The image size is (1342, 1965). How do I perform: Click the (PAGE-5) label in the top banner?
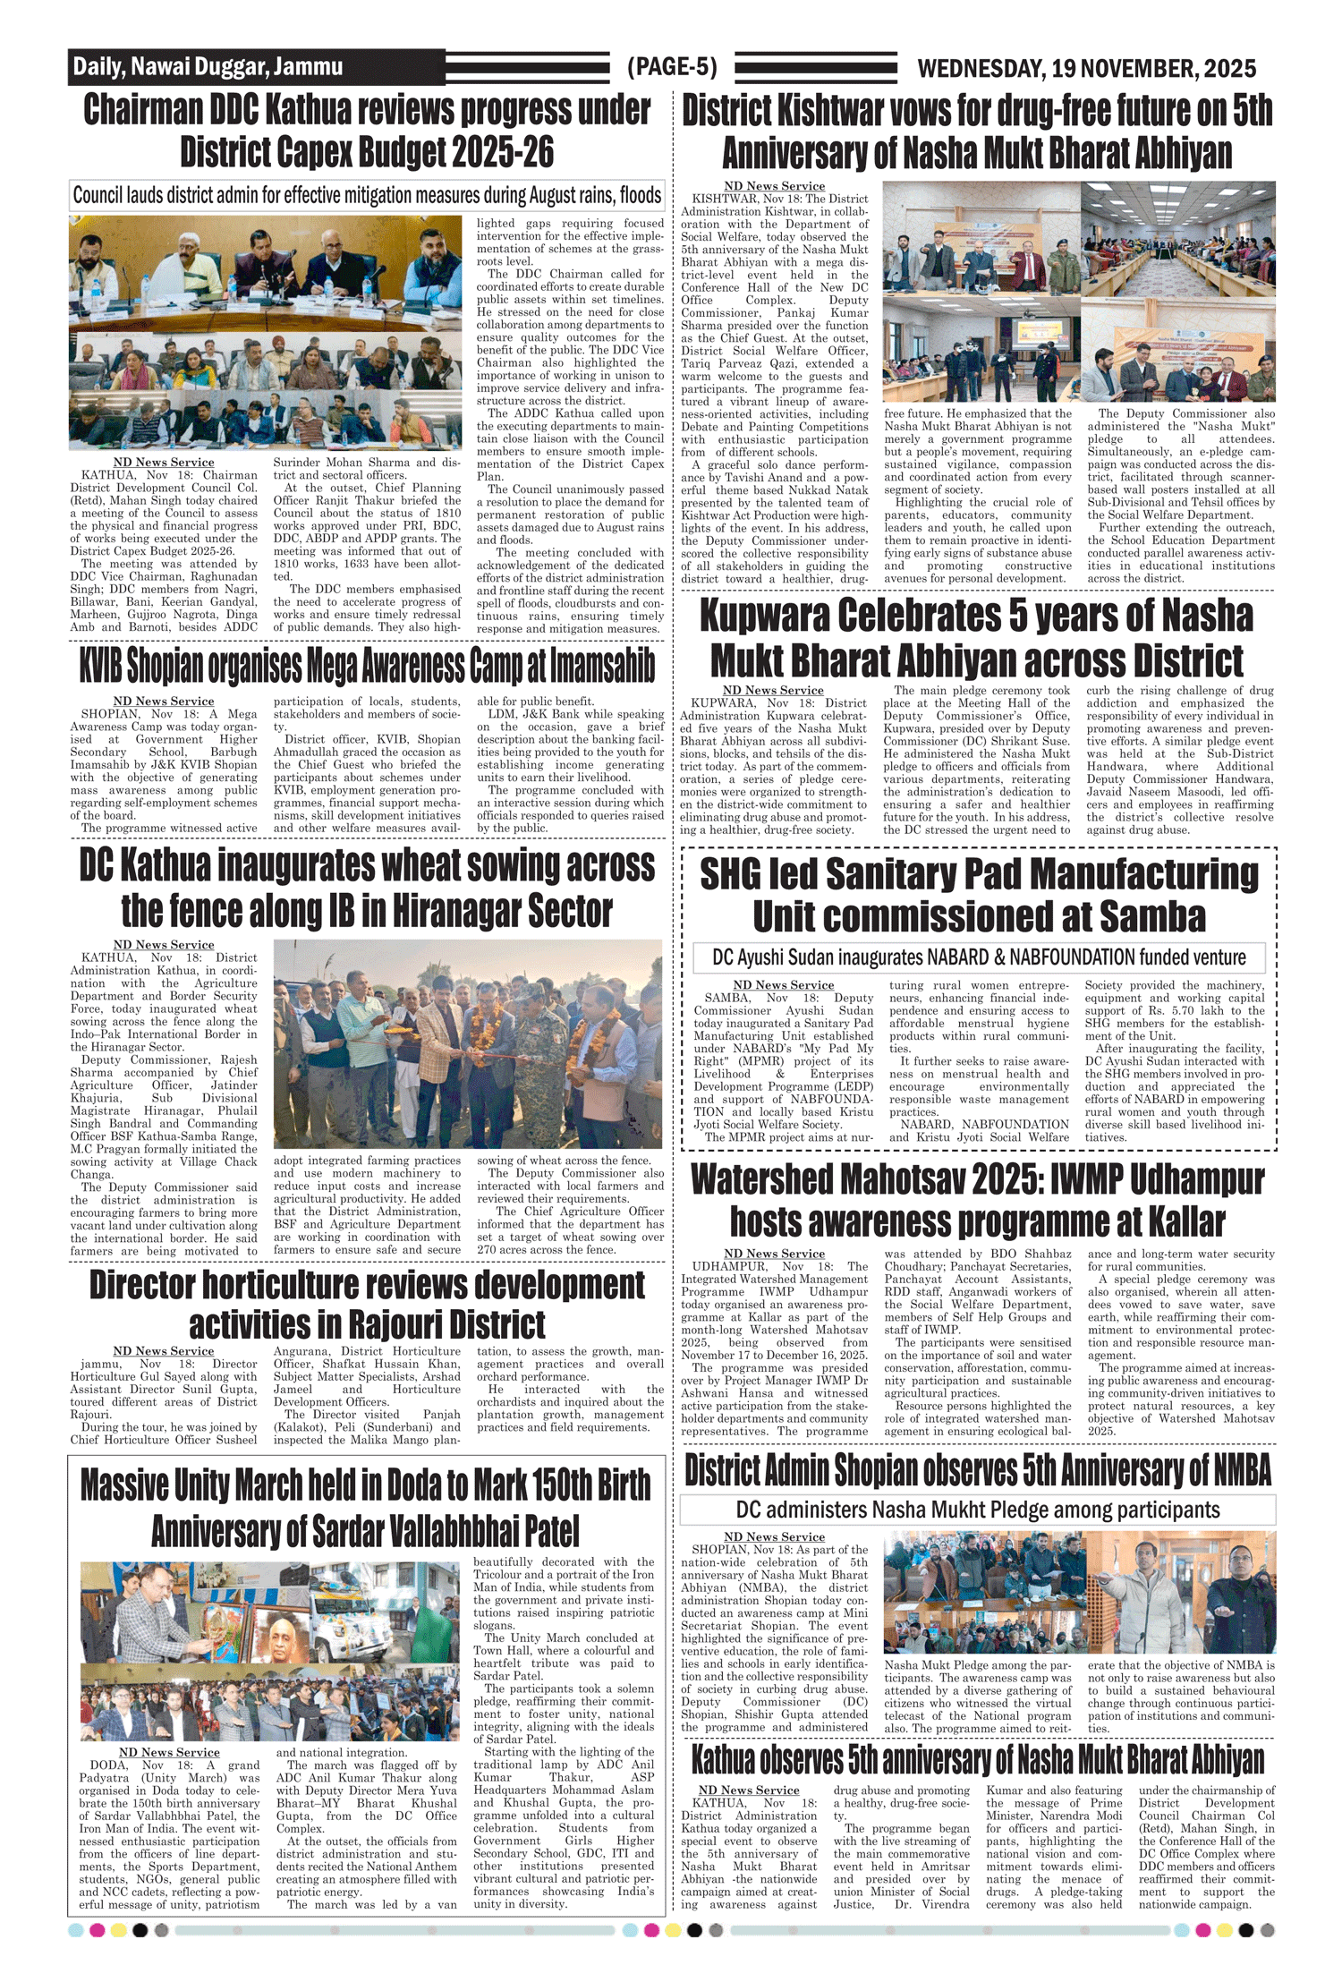[x=672, y=67]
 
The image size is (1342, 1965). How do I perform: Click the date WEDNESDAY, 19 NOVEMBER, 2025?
[x=1086, y=68]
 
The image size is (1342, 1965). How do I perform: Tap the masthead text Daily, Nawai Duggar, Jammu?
[x=208, y=66]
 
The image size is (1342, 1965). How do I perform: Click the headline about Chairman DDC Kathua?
[x=367, y=131]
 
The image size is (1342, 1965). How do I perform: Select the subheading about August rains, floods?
[x=367, y=195]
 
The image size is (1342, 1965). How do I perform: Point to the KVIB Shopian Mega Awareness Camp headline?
[x=367, y=666]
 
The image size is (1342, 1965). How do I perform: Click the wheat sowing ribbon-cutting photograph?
[x=467, y=1043]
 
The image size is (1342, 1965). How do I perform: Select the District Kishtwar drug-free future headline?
[x=977, y=132]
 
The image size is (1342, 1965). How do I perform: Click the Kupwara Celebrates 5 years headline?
[x=976, y=638]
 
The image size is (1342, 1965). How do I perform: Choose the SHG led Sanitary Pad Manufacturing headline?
[x=979, y=895]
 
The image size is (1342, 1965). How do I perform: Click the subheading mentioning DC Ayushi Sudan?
[x=979, y=957]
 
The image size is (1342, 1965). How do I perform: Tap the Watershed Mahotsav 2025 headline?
[x=977, y=1200]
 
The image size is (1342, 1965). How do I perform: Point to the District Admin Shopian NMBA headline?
[x=977, y=1470]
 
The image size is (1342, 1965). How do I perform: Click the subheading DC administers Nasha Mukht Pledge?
[x=977, y=1510]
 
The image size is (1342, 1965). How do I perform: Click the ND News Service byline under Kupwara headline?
[x=773, y=690]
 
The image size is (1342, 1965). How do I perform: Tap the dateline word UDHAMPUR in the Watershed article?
[x=729, y=1266]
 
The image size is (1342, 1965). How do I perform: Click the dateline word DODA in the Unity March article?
[x=108, y=1765]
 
